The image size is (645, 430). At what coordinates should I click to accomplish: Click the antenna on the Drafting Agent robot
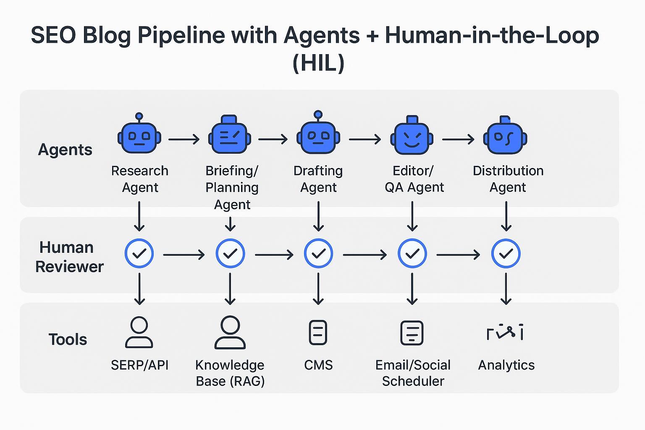pyautogui.click(x=318, y=115)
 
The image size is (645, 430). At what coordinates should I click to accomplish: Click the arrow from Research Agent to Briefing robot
pyautogui.click(x=184, y=139)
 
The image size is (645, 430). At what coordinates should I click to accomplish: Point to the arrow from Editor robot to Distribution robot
pyautogui.click(x=458, y=139)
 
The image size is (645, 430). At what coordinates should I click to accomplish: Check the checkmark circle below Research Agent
pyautogui.click(x=139, y=254)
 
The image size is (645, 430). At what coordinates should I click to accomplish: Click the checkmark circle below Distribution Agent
pyautogui.click(x=506, y=254)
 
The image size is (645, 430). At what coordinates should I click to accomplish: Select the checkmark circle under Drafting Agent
pyautogui.click(x=318, y=254)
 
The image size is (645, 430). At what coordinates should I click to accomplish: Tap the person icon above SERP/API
pyautogui.click(x=139, y=333)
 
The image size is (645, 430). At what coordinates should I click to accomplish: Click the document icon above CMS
pyautogui.click(x=318, y=333)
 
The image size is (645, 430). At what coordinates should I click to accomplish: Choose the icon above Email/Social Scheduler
pyautogui.click(x=412, y=333)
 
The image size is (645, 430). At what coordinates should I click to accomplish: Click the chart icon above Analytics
pyautogui.click(x=505, y=333)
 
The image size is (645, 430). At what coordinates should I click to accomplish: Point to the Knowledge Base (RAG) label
pyautogui.click(x=230, y=373)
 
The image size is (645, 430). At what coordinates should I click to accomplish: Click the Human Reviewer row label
pyautogui.click(x=69, y=257)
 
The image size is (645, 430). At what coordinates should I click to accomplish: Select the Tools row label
pyautogui.click(x=68, y=339)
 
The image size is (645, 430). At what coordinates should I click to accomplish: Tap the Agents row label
pyautogui.click(x=65, y=149)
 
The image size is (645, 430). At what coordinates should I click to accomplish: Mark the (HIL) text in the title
pyautogui.click(x=318, y=63)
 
